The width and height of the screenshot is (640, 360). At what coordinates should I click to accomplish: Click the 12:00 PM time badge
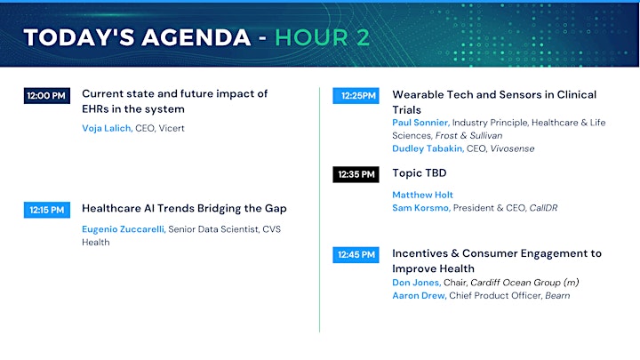(x=47, y=96)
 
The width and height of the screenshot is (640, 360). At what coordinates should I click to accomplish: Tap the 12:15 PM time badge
(x=47, y=210)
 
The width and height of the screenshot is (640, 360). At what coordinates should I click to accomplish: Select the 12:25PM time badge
(x=356, y=96)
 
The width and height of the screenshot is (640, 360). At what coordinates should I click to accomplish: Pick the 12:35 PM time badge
(x=356, y=174)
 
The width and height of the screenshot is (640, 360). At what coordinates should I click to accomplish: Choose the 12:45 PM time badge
(x=356, y=255)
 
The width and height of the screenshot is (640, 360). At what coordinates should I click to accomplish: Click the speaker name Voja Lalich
(x=107, y=128)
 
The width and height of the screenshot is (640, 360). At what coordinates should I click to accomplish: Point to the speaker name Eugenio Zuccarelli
(x=124, y=229)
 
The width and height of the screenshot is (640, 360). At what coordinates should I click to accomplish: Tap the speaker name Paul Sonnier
(x=420, y=123)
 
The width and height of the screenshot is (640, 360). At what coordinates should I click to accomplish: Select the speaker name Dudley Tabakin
(x=428, y=148)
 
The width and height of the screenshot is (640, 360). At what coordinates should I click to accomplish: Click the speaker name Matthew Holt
(x=422, y=195)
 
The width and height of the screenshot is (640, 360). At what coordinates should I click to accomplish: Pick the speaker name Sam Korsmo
(x=421, y=208)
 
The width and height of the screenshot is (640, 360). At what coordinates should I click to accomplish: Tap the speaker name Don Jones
(x=416, y=283)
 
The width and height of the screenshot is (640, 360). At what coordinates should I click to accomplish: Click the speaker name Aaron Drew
(x=420, y=295)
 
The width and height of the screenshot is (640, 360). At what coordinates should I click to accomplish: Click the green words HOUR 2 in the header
(x=322, y=37)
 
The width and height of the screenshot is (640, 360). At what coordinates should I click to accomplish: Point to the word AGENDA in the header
(x=196, y=37)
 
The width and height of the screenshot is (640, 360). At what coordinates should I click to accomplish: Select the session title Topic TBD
(x=420, y=173)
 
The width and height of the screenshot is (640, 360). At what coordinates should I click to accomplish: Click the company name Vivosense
(x=512, y=148)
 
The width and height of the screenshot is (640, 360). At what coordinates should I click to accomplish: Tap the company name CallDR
(x=543, y=208)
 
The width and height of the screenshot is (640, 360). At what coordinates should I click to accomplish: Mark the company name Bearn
(x=557, y=295)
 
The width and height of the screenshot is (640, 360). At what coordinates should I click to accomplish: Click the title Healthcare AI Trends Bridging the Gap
(x=184, y=209)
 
